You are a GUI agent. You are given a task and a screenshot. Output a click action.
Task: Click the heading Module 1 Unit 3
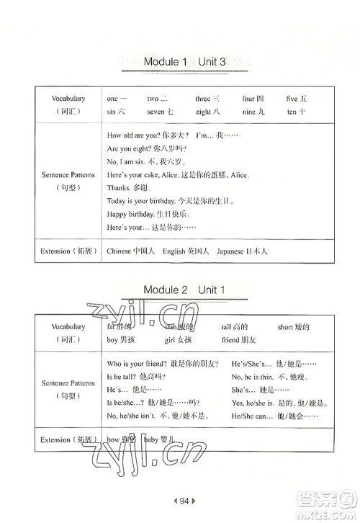(x=185, y=63)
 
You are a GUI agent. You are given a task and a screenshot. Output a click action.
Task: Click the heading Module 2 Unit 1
(x=185, y=290)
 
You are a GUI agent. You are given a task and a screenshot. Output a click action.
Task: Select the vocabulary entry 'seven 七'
(x=161, y=112)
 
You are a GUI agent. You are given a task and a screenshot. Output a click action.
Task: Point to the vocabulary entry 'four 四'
(x=253, y=98)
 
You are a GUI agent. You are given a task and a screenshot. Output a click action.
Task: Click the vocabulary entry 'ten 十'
(x=297, y=112)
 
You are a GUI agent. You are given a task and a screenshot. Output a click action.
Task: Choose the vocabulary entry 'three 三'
(x=207, y=98)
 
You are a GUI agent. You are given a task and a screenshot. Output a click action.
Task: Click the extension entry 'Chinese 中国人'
(x=127, y=252)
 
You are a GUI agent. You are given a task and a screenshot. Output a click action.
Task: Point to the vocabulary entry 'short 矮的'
(x=294, y=326)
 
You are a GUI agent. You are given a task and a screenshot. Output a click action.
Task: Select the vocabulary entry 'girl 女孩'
(x=179, y=339)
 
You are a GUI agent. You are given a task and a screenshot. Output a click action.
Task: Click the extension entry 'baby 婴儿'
(x=158, y=439)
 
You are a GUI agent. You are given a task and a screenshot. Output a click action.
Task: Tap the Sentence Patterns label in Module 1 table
(x=68, y=174)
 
